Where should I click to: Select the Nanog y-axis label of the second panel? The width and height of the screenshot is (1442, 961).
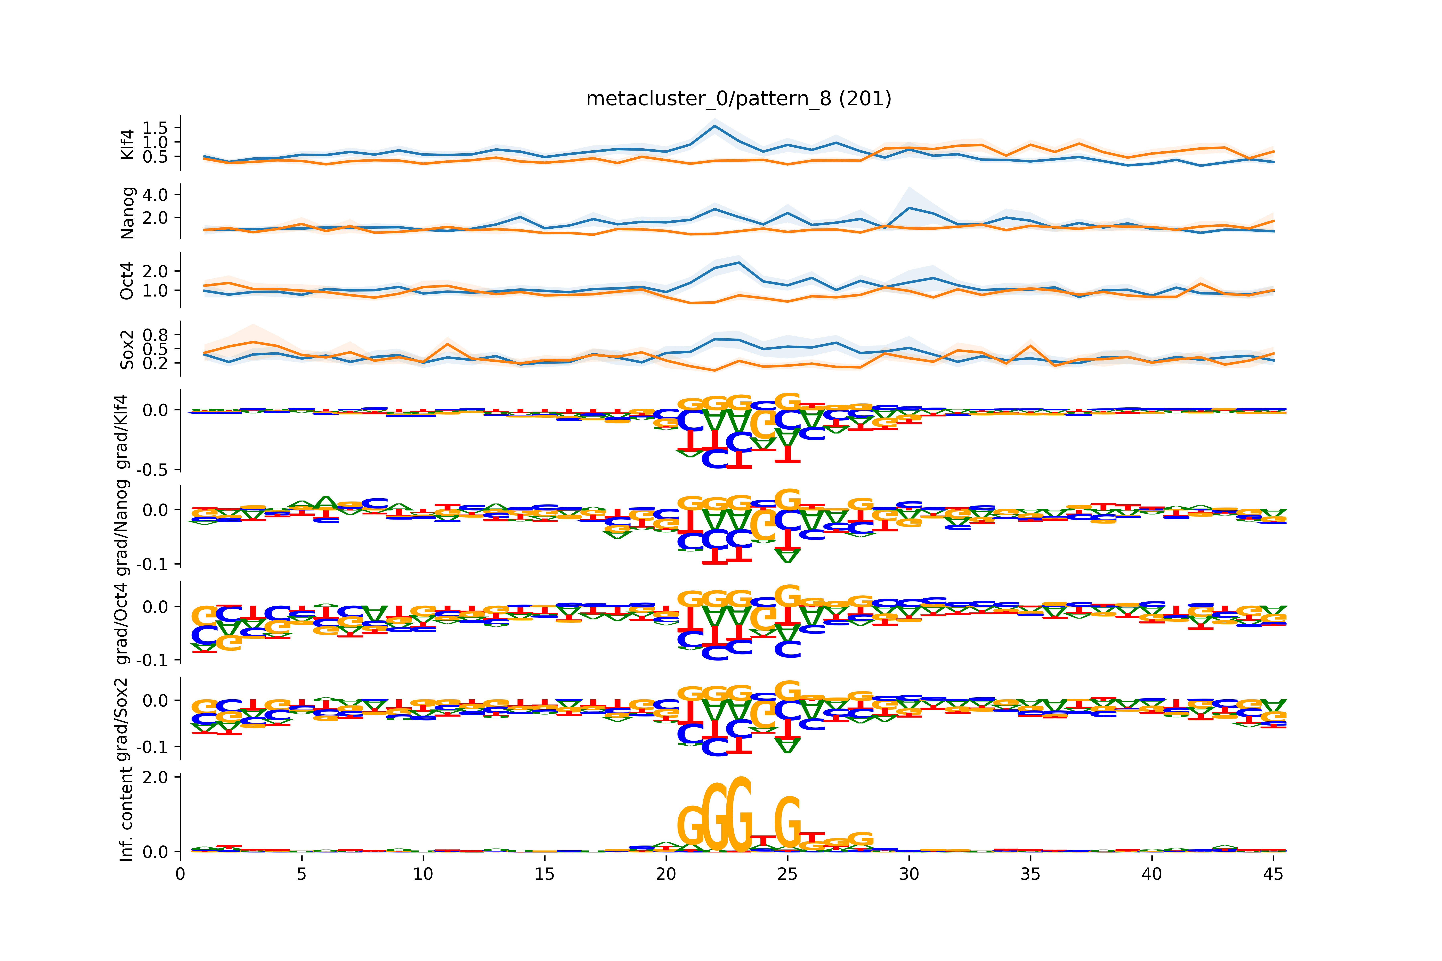[128, 213]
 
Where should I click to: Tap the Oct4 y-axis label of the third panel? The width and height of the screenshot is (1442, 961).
[128, 281]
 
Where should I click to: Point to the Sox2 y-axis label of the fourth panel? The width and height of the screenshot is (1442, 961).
[128, 349]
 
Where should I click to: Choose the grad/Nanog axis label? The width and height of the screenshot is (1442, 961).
[123, 527]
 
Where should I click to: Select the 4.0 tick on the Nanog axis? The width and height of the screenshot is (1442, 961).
[154, 195]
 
